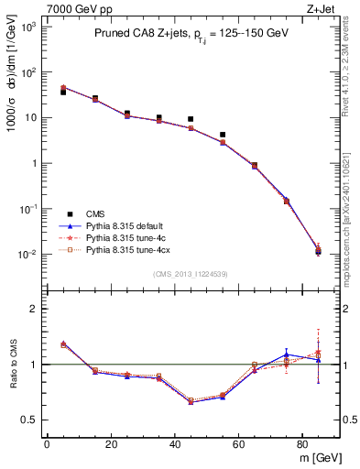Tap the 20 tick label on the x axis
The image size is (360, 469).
(x=111, y=445)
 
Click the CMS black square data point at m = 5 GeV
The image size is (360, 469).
(x=63, y=93)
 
